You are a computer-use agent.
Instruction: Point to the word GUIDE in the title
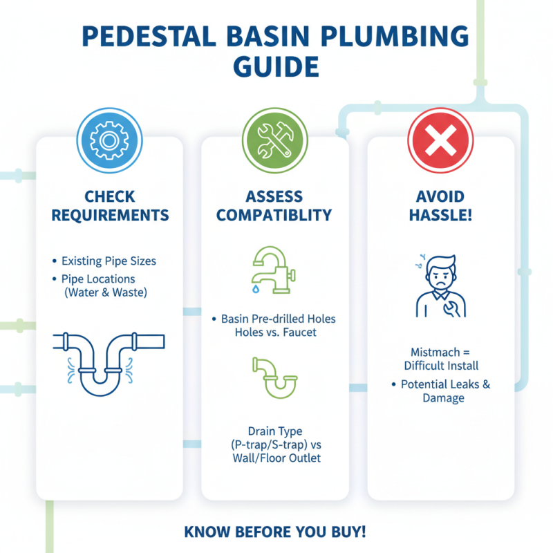(x=276, y=67)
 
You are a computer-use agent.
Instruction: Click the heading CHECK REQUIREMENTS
(x=109, y=206)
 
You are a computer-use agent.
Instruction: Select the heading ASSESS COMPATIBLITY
(x=274, y=206)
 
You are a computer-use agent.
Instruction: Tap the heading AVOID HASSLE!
(x=440, y=206)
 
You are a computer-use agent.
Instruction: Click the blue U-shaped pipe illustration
(x=109, y=359)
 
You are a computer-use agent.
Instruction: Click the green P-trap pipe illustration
(x=274, y=377)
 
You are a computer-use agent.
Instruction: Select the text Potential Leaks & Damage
(x=445, y=391)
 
